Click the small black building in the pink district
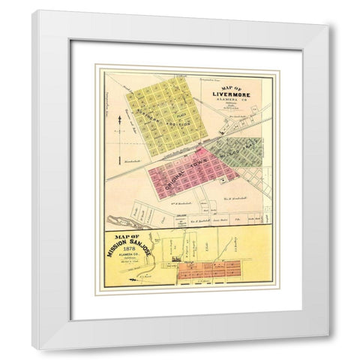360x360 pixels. (x=223, y=181)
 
